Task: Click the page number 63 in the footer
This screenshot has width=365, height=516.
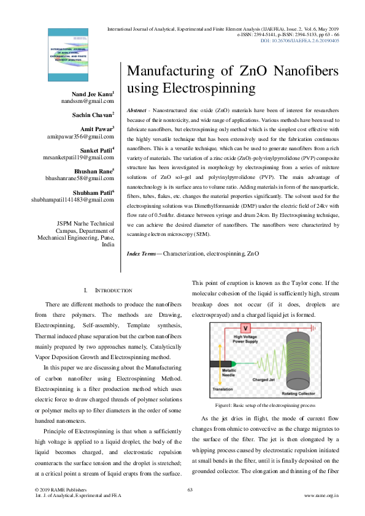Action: coord(190,489)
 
